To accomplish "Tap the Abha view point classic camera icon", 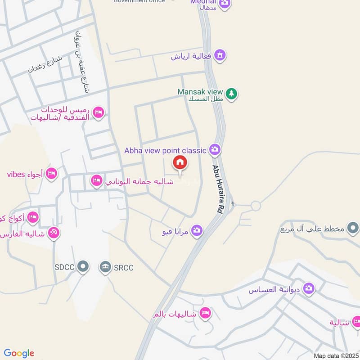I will click(x=215, y=149).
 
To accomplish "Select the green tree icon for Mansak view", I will click(x=231, y=94).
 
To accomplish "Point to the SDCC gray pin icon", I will click(x=82, y=267).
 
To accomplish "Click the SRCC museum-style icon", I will click(x=105, y=267).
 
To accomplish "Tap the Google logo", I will click(x=19, y=353).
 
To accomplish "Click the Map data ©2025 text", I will click(x=335, y=355).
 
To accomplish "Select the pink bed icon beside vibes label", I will click(x=51, y=174).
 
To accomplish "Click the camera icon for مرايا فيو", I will click(x=196, y=231).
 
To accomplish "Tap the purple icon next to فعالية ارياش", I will click(x=220, y=56).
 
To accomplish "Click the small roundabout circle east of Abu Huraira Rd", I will click(x=256, y=206).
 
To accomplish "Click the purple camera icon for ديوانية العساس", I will click(x=308, y=288).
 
